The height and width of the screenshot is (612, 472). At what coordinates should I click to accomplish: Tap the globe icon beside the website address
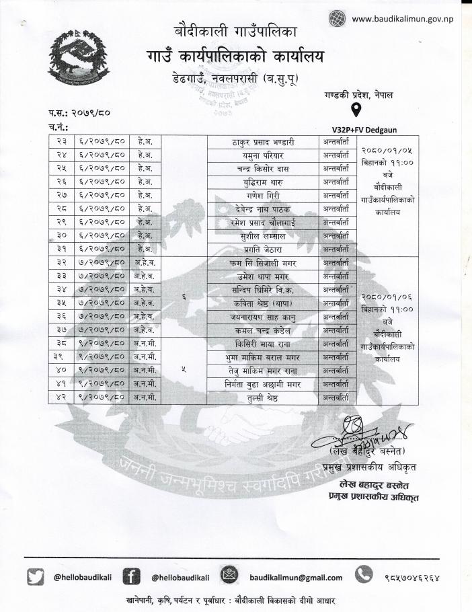click(337, 19)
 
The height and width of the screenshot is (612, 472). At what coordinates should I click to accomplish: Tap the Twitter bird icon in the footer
click(36, 577)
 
